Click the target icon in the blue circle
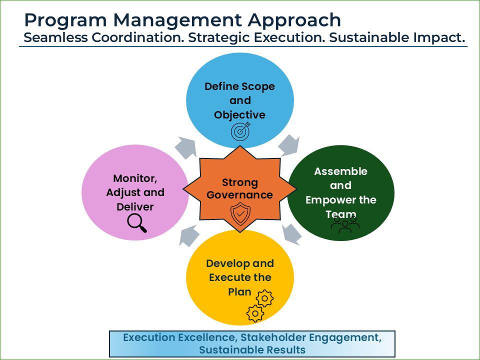[x=239, y=131]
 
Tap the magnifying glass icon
[x=136, y=223]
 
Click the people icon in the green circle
[x=345, y=226]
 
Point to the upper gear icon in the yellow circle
[x=264, y=298]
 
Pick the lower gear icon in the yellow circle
[x=255, y=313]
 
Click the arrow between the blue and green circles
[x=288, y=144]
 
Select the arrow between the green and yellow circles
[x=292, y=234]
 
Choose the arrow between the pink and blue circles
[x=186, y=147]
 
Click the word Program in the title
[x=60, y=20]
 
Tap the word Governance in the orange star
[x=240, y=195]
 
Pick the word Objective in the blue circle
[x=239, y=114]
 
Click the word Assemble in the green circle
[x=340, y=171]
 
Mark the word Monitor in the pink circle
[x=131, y=178]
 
